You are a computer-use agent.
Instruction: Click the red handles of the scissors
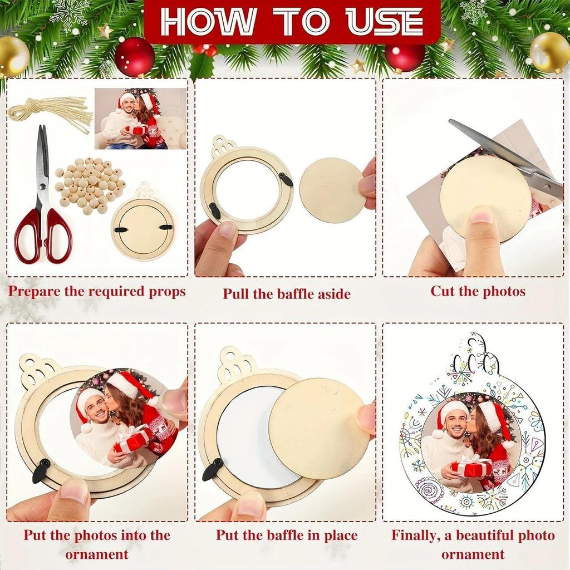pyautogui.click(x=43, y=237)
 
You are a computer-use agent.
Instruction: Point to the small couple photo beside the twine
pyautogui.click(x=140, y=119)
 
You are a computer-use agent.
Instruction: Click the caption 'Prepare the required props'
pyautogui.click(x=97, y=291)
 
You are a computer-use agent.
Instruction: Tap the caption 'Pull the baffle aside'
pyautogui.click(x=287, y=294)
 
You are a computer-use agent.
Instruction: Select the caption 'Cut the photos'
pyautogui.click(x=478, y=291)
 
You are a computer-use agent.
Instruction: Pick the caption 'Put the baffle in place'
pyautogui.click(x=287, y=535)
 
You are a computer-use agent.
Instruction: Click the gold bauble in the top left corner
pyautogui.click(x=12, y=56)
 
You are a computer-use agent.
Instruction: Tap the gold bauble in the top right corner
pyautogui.click(x=549, y=52)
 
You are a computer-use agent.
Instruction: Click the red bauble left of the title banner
pyautogui.click(x=134, y=57)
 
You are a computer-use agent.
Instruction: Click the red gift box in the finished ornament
pyautogui.click(x=470, y=466)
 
